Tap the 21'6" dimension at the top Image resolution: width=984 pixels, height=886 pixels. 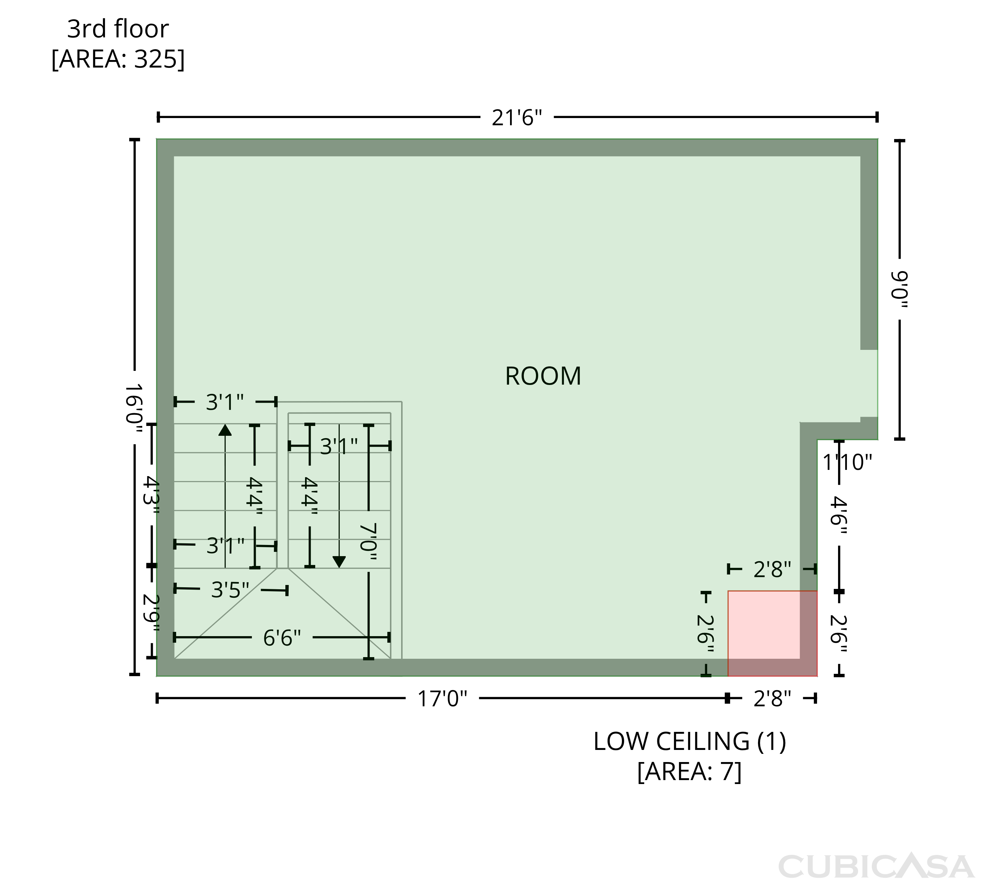click(517, 117)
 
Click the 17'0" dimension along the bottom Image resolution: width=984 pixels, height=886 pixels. click(442, 698)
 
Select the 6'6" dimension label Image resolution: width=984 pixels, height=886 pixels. click(282, 638)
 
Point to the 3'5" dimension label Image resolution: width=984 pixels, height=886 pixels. click(230, 590)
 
